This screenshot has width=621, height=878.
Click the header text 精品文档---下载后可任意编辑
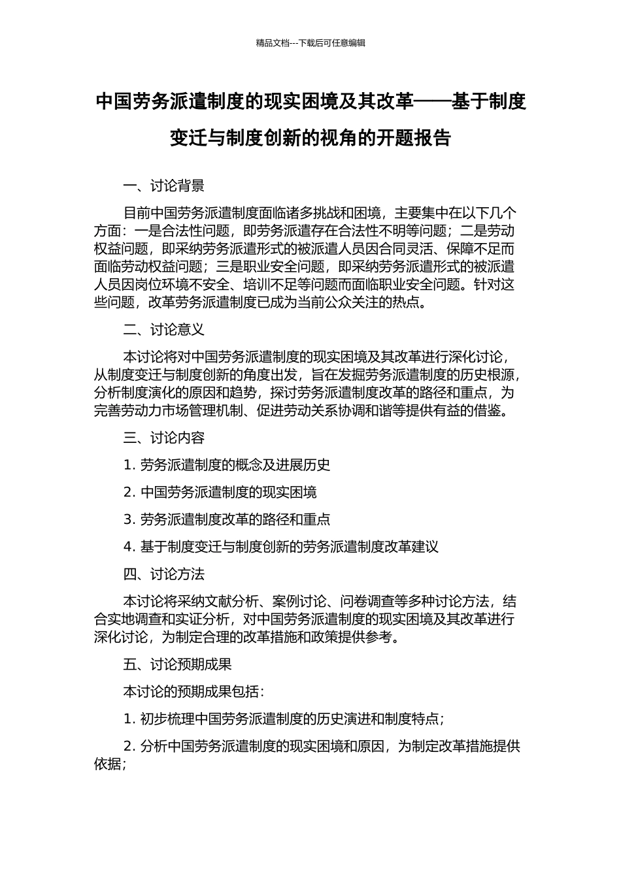tap(310, 43)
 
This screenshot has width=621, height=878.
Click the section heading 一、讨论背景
tap(163, 186)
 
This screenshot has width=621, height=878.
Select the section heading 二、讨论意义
tap(163, 330)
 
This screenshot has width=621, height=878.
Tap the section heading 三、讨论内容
tap(163, 438)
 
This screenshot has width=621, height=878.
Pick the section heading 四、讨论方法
tap(163, 574)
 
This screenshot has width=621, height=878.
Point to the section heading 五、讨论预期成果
tap(177, 664)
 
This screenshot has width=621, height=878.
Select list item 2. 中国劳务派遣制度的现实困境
tap(220, 493)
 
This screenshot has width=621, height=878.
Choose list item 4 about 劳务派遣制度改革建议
tap(280, 547)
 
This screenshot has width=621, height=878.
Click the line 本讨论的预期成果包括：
tap(193, 692)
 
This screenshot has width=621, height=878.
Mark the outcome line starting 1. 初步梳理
tap(284, 719)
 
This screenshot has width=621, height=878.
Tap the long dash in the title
tap(433, 102)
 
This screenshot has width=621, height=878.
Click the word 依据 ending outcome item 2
tap(107, 764)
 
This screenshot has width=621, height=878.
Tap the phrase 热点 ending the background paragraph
tap(404, 302)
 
